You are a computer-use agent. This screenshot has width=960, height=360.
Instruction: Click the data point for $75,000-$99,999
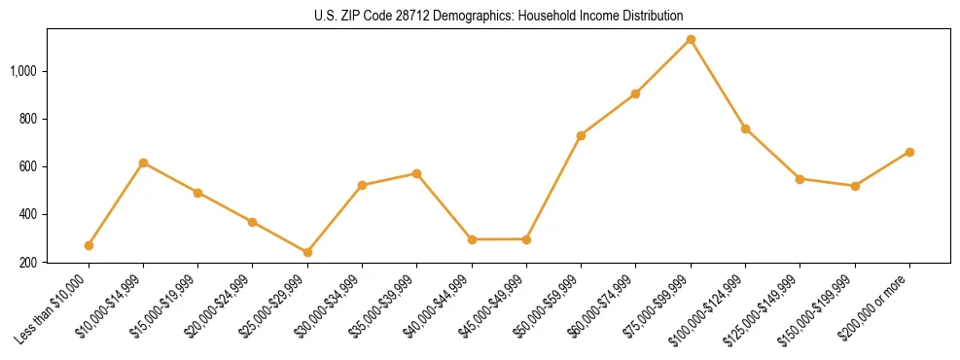[691, 40]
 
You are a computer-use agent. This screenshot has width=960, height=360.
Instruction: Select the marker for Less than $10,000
[89, 245]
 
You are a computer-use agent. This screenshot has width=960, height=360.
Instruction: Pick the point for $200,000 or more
[909, 152]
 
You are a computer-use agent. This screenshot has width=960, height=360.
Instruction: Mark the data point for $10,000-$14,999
[143, 162]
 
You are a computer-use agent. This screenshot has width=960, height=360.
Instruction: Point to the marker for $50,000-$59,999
[581, 135]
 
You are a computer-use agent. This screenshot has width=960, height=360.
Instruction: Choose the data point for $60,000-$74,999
[635, 93]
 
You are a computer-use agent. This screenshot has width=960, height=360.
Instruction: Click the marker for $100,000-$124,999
[745, 128]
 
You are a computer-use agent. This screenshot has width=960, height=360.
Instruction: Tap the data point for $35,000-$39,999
[416, 173]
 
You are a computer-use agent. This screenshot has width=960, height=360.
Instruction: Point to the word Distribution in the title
[650, 17]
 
